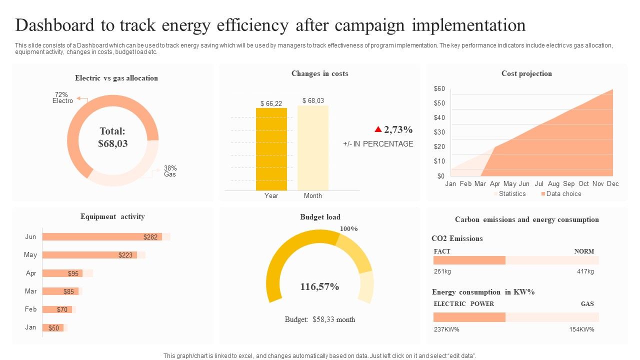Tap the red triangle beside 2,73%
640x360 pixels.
pos(378,129)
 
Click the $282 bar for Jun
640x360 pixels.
pos(102,236)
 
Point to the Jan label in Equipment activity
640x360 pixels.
pos(30,327)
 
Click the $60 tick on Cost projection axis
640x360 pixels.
pos(439,89)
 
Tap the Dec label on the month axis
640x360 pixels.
pos(612,183)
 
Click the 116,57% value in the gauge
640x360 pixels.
pos(319,286)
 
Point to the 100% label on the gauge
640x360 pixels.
pos(348,228)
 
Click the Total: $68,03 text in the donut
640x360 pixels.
pos(113,137)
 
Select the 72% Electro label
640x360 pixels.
pos(62,97)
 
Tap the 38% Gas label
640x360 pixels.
pos(170,171)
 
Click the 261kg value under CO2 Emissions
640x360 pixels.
pos(442,271)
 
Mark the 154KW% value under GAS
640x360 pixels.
pos(581,329)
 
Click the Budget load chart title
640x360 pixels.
pos(320,216)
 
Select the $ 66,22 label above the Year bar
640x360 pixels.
pos(271,103)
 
